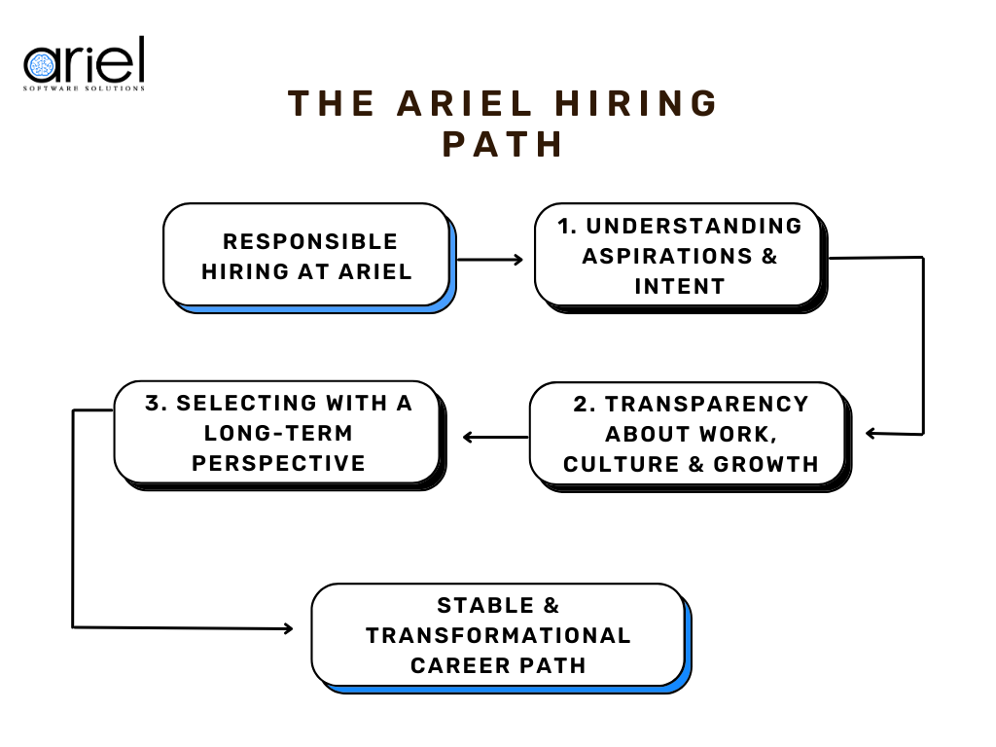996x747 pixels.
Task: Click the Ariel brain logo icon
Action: tap(40, 66)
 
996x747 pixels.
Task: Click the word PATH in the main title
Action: tap(503, 144)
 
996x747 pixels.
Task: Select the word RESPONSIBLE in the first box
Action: tap(310, 241)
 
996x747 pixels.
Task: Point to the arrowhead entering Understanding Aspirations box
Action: tap(517, 260)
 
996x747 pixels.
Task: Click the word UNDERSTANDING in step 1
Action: tap(694, 226)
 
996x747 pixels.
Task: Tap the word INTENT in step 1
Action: tap(680, 286)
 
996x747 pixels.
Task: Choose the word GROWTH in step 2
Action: tap(766, 464)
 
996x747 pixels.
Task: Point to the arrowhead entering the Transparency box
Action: tap(871, 433)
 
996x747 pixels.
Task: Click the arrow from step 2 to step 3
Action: tap(494, 437)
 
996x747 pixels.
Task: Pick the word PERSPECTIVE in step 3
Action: tap(278, 463)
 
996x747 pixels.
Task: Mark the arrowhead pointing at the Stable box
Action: tap(287, 628)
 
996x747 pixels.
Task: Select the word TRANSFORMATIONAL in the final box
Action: tap(498, 635)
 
